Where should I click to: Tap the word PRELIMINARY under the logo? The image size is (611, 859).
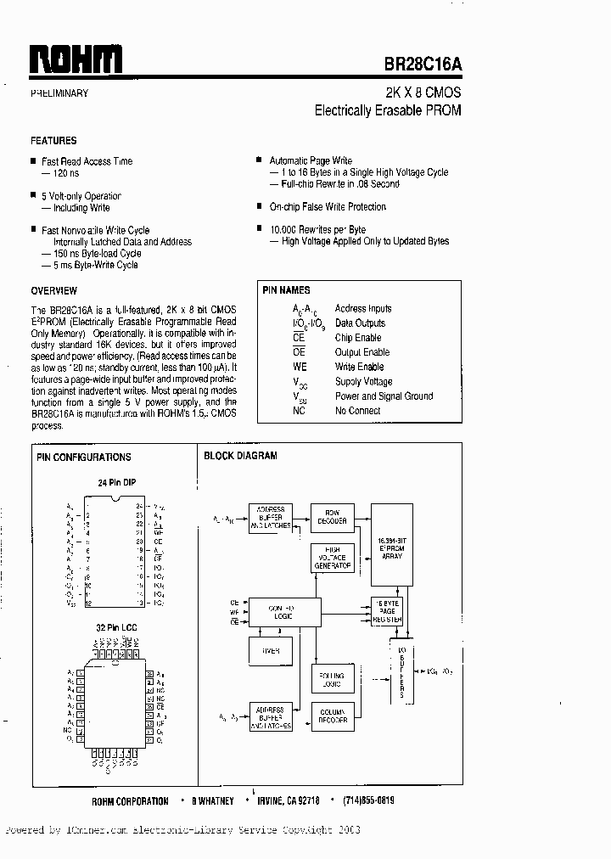pos(59,93)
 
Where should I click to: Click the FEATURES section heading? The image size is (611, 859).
pos(53,141)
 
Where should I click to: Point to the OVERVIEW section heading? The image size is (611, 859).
pos(54,290)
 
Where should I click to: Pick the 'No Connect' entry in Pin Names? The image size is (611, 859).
pos(357,411)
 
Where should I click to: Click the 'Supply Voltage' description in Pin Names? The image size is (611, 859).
pos(363,382)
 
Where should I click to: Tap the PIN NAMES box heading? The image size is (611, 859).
pos(287,290)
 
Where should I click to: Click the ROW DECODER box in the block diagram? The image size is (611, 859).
pos(333,516)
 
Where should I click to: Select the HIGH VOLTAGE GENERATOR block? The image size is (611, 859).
pos(332,559)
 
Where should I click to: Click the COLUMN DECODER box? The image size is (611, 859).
pos(333,716)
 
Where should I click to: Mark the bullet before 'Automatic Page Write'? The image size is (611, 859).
pos(259,160)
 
